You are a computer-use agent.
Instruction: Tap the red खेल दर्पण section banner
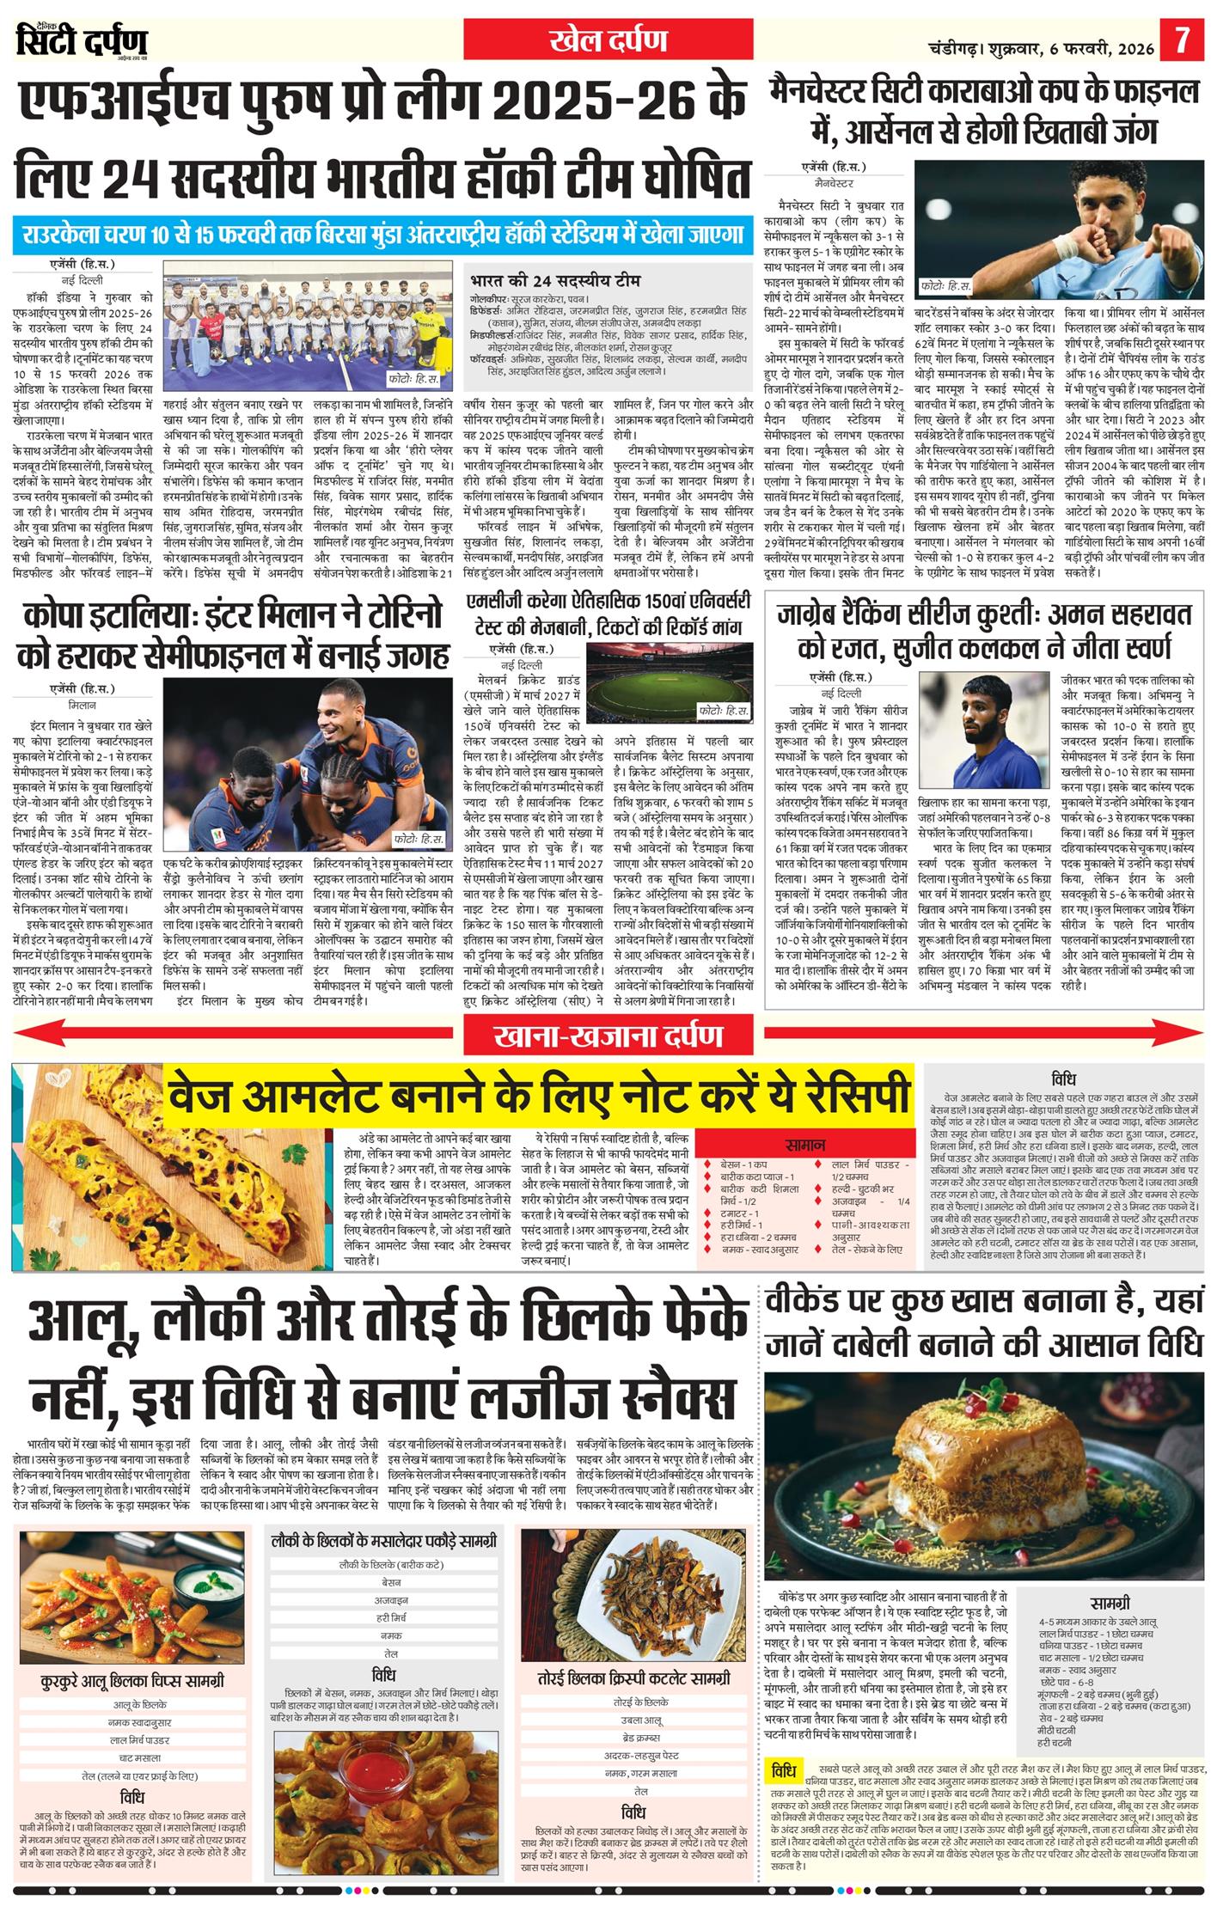pyautogui.click(x=609, y=40)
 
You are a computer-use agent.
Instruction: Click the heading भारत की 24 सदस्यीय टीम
pyautogui.click(x=555, y=280)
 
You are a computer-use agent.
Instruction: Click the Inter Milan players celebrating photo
pyautogui.click(x=308, y=765)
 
